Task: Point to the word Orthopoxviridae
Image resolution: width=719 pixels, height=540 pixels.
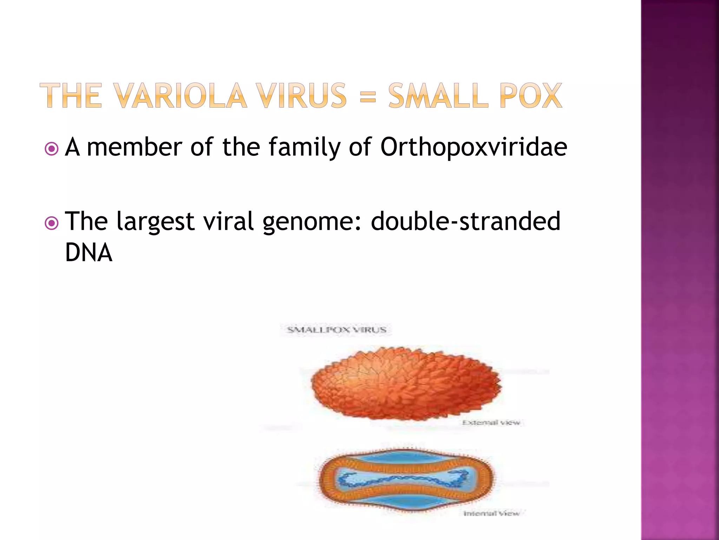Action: pyautogui.click(x=474, y=147)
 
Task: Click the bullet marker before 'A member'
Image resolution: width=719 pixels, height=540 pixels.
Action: pyautogui.click(x=52, y=149)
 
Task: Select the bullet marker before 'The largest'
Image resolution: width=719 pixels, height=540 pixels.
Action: pyautogui.click(x=52, y=223)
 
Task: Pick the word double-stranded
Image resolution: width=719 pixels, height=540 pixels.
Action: pyautogui.click(x=466, y=221)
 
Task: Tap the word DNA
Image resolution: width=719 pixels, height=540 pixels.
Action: pyautogui.click(x=89, y=253)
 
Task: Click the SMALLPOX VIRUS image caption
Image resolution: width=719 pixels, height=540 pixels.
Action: pyautogui.click(x=336, y=330)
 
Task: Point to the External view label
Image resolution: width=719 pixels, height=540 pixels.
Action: pyautogui.click(x=491, y=423)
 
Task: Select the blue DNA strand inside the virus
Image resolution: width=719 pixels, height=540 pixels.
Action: pyautogui.click(x=404, y=480)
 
